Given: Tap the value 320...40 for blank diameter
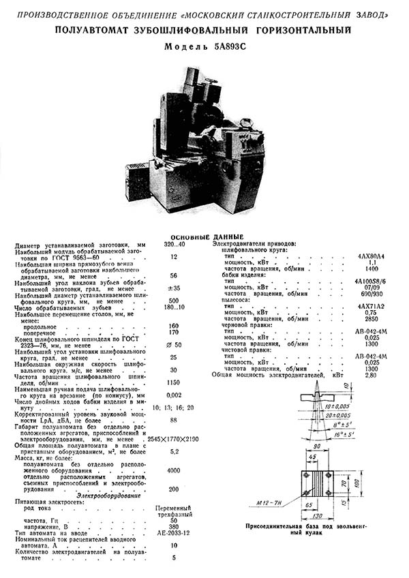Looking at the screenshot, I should pyautogui.click(x=174, y=243).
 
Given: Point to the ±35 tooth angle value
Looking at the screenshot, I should pyautogui.click(x=174, y=288).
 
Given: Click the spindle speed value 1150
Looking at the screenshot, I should pyautogui.click(x=174, y=382).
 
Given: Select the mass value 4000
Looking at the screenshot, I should pyautogui.click(x=174, y=470).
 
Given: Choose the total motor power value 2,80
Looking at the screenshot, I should pyautogui.click(x=370, y=375).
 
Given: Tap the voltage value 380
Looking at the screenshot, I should pyautogui.click(x=174, y=526).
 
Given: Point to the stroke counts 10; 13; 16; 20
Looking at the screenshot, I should pyautogui.click(x=174, y=407).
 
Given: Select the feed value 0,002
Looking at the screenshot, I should pyautogui.click(x=174, y=395).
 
